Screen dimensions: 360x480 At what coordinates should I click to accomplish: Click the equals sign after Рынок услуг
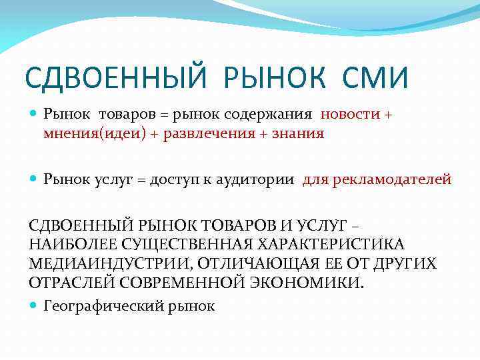click(142, 179)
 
